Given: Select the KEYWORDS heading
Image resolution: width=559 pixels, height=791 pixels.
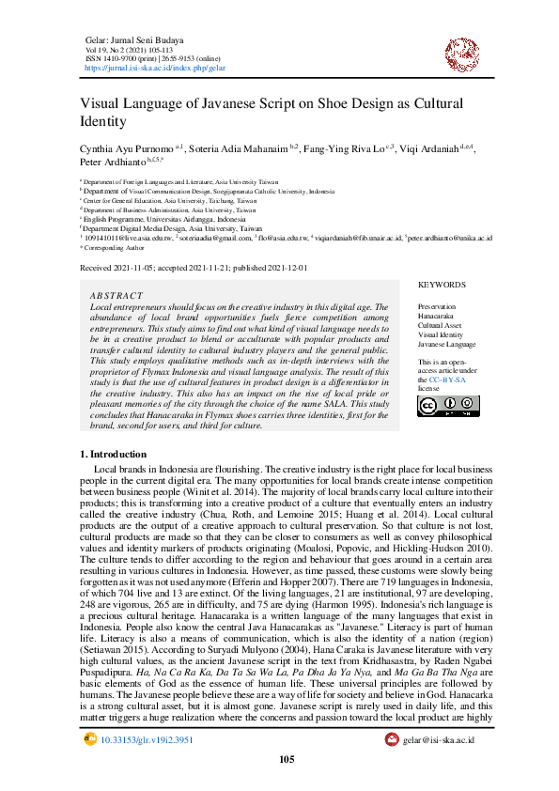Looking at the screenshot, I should (x=442, y=284).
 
